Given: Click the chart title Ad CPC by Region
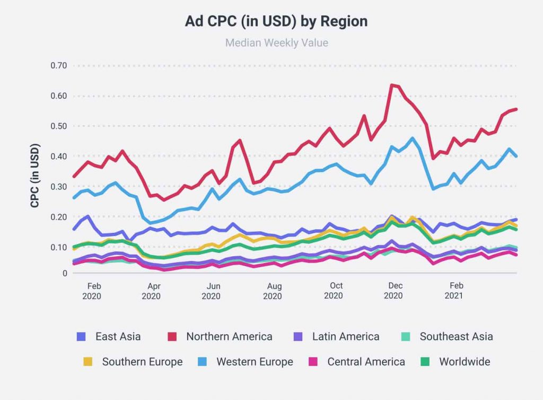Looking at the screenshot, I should click(276, 21).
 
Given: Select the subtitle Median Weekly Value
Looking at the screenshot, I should click(276, 42).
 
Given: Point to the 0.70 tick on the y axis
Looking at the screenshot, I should click(58, 66).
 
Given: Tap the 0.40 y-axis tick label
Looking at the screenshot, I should click(58, 156).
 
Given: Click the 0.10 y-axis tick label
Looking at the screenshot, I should click(58, 247).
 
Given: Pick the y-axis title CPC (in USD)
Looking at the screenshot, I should click(35, 175).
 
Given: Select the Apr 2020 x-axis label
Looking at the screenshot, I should click(151, 291).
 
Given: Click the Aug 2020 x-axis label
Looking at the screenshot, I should click(273, 291).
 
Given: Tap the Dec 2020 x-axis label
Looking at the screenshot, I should click(393, 291).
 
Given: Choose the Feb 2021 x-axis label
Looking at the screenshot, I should click(454, 291).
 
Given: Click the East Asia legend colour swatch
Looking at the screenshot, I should click(81, 336).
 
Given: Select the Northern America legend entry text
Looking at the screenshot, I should click(229, 336).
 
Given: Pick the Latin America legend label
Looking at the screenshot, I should click(346, 336).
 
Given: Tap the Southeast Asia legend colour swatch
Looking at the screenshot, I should click(406, 336).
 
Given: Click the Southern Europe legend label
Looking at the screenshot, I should click(142, 362).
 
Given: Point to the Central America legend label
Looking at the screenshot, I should click(366, 362).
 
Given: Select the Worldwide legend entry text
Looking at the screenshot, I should click(465, 362).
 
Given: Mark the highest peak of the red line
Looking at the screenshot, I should click(392, 85).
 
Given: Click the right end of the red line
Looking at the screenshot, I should click(516, 109).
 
